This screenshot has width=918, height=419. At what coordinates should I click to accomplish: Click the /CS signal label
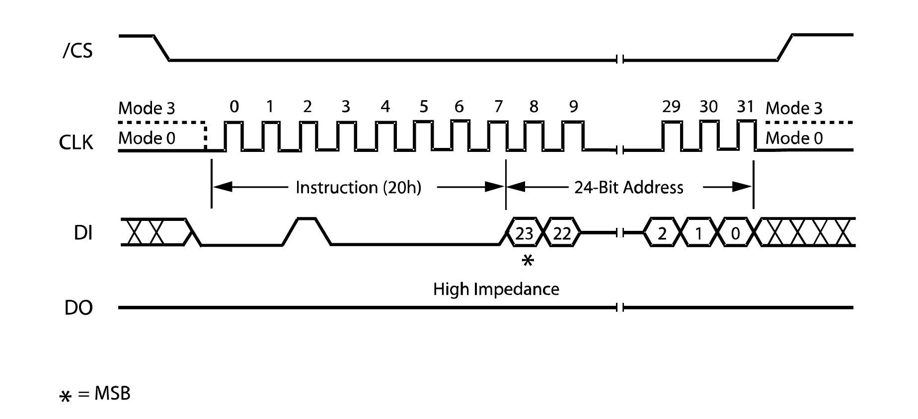click(77, 51)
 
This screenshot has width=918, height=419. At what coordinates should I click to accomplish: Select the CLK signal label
click(76, 142)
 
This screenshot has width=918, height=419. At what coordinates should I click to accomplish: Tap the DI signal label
click(83, 233)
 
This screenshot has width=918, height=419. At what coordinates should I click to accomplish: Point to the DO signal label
click(78, 308)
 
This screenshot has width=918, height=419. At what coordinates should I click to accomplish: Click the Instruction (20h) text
click(358, 188)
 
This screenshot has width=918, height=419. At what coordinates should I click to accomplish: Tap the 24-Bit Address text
click(628, 188)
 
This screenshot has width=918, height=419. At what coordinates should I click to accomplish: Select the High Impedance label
click(496, 289)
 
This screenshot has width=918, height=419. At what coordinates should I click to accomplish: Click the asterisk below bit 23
click(528, 260)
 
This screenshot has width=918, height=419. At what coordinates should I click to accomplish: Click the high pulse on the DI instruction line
click(307, 219)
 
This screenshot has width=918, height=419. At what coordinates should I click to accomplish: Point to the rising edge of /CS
click(785, 48)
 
